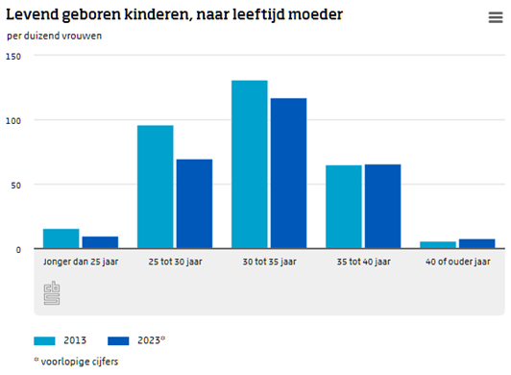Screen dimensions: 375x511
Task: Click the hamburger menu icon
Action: click(495, 18)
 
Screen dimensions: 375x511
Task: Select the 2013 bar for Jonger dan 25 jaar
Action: click(61, 238)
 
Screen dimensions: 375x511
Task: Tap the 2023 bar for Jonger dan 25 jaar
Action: click(100, 242)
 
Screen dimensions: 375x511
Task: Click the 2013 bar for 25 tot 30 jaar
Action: click(156, 187)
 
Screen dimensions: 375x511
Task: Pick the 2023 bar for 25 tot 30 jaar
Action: click(194, 204)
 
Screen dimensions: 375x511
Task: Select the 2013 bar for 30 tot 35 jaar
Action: click(250, 164)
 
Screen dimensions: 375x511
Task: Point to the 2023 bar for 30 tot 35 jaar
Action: click(288, 173)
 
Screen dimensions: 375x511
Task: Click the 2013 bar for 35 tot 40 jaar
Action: click(344, 207)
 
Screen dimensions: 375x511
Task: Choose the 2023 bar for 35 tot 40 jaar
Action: click(382, 206)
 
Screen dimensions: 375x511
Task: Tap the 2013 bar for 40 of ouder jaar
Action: click(438, 244)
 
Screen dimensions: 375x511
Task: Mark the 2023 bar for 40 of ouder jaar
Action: click(476, 243)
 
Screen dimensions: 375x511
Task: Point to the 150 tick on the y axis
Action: click(12, 56)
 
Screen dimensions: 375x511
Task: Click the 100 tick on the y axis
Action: click(12, 120)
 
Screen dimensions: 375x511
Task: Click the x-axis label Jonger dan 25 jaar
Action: click(81, 262)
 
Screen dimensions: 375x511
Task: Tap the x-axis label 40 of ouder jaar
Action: click(457, 262)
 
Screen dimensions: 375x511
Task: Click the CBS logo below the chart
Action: click(52, 293)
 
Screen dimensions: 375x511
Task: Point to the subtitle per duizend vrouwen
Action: click(55, 36)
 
